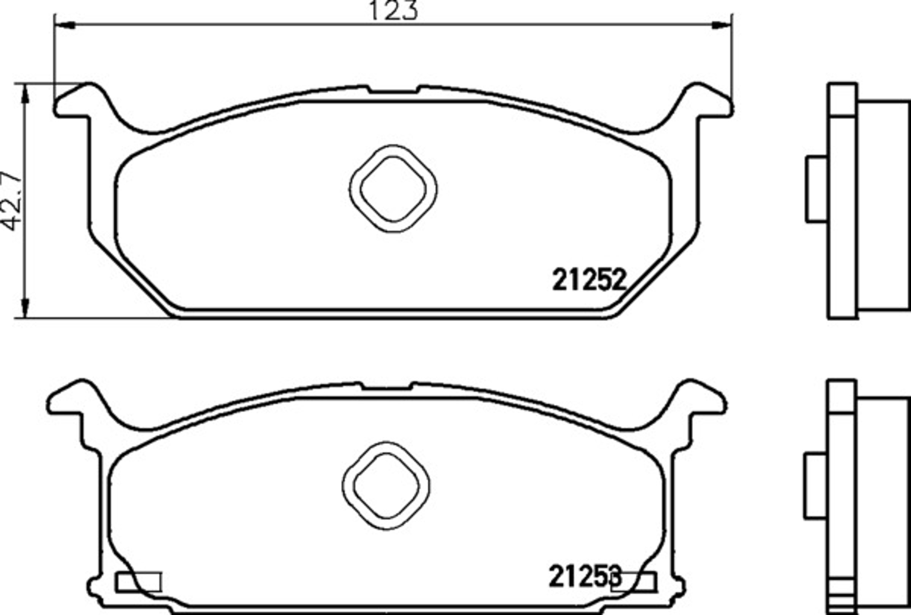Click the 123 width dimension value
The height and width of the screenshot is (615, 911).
(x=394, y=11)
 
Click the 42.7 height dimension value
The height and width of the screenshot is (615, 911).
(x=11, y=201)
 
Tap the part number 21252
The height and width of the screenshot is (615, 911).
(x=589, y=280)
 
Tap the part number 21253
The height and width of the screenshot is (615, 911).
(x=585, y=576)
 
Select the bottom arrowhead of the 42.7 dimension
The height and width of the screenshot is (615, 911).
(x=25, y=308)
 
